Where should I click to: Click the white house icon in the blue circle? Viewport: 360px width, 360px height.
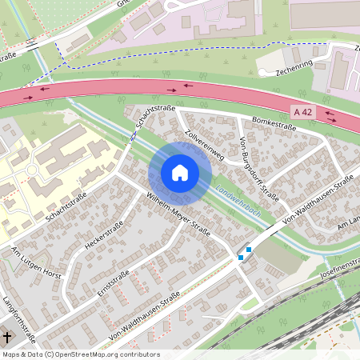click(180, 173)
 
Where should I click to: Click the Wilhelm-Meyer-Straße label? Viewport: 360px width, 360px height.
click(177, 214)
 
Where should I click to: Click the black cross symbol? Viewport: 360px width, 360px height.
click(6, 337)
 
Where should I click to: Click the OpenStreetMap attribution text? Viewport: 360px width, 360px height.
click(80, 354)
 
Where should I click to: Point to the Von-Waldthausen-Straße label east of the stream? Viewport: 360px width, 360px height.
click(317, 201)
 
